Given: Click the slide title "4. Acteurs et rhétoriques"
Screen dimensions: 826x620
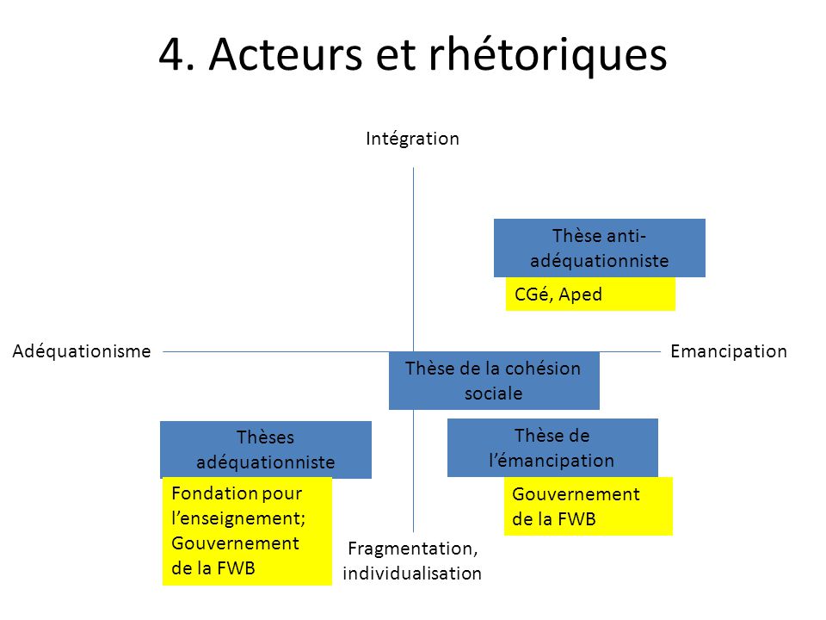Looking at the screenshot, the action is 413,55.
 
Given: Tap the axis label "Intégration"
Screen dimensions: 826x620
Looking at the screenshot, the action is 412,139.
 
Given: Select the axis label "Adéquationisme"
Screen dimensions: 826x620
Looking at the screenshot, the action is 82,351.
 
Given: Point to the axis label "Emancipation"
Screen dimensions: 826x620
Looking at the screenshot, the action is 729,351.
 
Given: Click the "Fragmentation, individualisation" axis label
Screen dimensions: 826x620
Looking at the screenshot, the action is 412,561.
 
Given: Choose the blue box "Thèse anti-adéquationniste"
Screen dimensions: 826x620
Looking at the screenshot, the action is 600,248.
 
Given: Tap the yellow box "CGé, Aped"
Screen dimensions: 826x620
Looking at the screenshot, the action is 590,294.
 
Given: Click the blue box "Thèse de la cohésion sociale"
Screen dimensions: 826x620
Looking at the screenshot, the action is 494,381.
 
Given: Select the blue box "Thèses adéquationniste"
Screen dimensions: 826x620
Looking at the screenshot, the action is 266,449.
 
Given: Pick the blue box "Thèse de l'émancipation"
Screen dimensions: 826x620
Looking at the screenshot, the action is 552,448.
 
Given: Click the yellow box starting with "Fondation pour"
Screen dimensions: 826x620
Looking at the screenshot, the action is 247,531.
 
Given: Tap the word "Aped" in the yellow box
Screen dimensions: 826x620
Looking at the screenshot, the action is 581,294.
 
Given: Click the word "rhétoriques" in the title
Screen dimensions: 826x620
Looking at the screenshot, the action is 548,55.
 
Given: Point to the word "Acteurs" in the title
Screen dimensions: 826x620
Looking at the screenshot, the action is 286,54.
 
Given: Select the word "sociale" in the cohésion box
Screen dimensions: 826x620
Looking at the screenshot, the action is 494,394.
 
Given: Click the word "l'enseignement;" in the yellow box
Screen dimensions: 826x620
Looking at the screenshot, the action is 238,518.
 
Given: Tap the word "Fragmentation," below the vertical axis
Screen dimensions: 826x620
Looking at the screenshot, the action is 413,549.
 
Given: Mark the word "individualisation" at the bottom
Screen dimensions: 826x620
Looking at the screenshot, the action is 412,573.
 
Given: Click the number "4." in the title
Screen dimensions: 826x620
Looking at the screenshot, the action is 177,54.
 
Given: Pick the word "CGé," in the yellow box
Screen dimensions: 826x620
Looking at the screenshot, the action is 533,294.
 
